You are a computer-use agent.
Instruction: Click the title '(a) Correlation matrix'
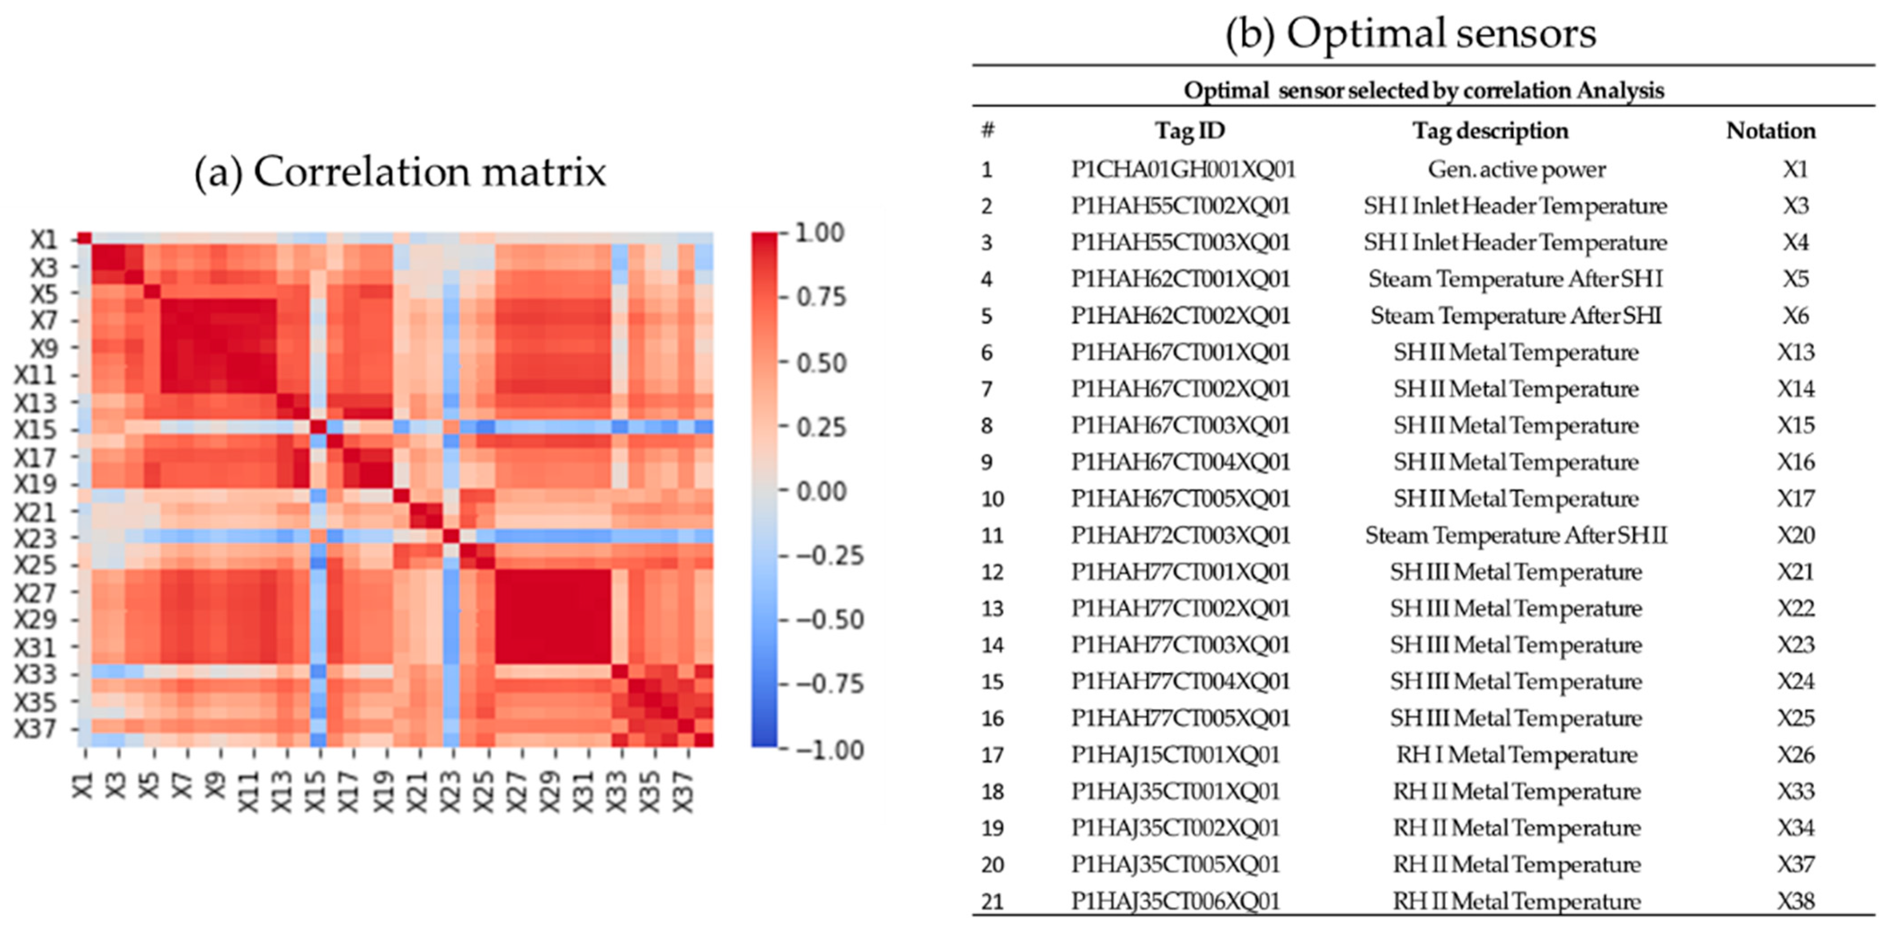400,173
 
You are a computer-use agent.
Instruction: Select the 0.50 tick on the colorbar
820,363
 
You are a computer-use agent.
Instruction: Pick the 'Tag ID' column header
1189,131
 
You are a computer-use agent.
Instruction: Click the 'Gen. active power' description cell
1516,170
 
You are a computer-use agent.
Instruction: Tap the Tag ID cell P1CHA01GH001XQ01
1183,170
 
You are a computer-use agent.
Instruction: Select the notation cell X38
1795,901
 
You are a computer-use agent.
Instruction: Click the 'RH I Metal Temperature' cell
1516,755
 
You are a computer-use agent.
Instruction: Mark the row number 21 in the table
992,902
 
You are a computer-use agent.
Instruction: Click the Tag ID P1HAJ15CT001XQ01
1175,755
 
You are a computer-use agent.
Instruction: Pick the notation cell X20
1795,536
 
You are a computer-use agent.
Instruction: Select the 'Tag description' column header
1490,131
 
